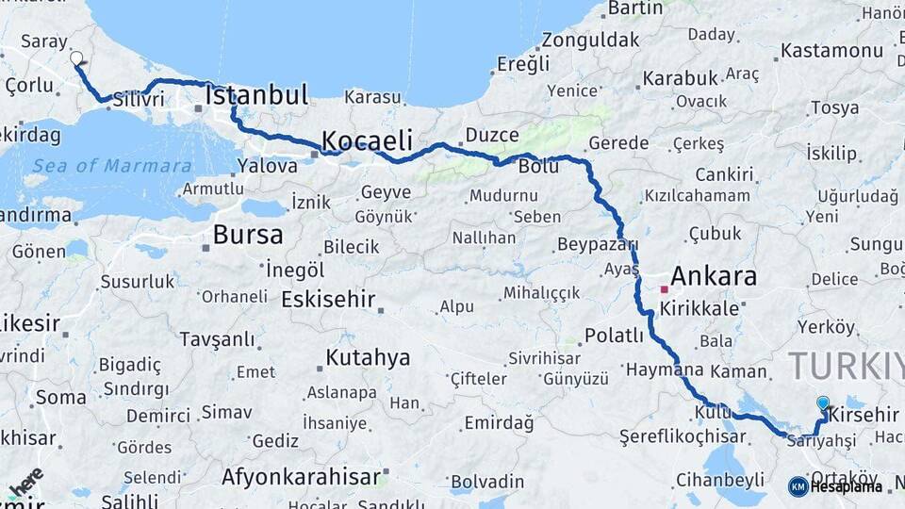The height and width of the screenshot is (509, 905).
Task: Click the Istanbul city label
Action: pyautogui.click(x=256, y=95)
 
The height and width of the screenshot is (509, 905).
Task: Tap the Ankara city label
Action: pyautogui.click(x=714, y=276)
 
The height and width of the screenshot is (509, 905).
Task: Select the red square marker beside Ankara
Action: pyautogui.click(x=664, y=288)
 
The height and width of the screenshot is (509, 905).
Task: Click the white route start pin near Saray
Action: pyautogui.click(x=76, y=58)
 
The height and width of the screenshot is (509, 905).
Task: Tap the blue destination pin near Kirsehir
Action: pyautogui.click(x=823, y=403)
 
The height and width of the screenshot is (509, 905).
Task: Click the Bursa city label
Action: pyautogui.click(x=248, y=234)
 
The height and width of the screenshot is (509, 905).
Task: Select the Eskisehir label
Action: pyautogui.click(x=328, y=300)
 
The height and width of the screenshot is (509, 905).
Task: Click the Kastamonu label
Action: pyautogui.click(x=830, y=50)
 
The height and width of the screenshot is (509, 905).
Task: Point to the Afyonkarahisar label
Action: pyautogui.click(x=301, y=477)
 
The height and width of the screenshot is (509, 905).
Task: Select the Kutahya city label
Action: pyautogui.click(x=368, y=358)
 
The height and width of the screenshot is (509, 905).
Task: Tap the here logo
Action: pyautogui.click(x=26, y=482)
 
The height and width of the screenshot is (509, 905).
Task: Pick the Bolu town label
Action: pyautogui.click(x=538, y=167)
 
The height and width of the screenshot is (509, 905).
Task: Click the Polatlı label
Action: pyautogui.click(x=614, y=336)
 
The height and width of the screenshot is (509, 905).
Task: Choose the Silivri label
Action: pyautogui.click(x=139, y=99)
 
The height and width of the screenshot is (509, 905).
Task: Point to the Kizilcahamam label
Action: pyautogui.click(x=698, y=196)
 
